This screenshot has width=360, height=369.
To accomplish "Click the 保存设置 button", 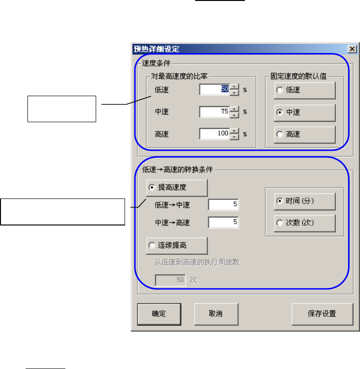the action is [x=322, y=313].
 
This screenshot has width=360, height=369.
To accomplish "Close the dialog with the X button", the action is [x=352, y=49].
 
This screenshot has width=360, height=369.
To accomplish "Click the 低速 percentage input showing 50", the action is [x=215, y=90].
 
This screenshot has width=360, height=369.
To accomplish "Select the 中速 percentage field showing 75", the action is [x=215, y=112].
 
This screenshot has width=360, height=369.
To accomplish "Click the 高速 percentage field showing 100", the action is [x=215, y=134].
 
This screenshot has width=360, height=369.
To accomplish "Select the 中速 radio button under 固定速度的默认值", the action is [x=280, y=112].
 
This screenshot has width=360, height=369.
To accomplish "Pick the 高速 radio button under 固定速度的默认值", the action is [x=280, y=135].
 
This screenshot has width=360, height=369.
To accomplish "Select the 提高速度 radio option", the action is [x=152, y=188].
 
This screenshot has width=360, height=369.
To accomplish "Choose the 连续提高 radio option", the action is [x=152, y=245].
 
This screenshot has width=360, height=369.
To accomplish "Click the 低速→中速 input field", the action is [x=224, y=205].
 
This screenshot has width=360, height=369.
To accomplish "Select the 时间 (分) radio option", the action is [x=280, y=201].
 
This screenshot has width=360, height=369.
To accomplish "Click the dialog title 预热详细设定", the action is [x=157, y=49].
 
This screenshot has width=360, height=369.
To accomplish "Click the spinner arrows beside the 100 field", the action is [x=234, y=134].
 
